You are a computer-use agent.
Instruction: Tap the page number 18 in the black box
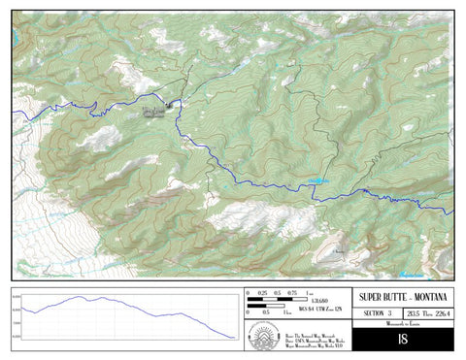pyautogui.click(x=402, y=341)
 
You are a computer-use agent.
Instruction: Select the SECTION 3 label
pyautogui.click(x=375, y=313)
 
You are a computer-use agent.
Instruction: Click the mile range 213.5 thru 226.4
pyautogui.click(x=428, y=313)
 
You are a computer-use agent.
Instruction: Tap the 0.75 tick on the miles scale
pyautogui.click(x=292, y=293)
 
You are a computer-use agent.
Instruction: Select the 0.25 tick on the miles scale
pyautogui.click(x=263, y=293)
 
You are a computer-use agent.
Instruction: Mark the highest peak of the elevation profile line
pyautogui.click(x=80, y=297)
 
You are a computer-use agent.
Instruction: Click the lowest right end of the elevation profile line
pyautogui.click(x=234, y=338)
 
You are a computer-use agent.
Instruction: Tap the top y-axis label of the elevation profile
pyautogui.click(x=17, y=297)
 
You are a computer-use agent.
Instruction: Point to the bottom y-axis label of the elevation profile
pyautogui.click(x=17, y=336)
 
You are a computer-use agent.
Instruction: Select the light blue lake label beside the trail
pyautogui.click(x=317, y=180)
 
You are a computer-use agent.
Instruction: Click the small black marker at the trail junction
pyautogui.click(x=170, y=104)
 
